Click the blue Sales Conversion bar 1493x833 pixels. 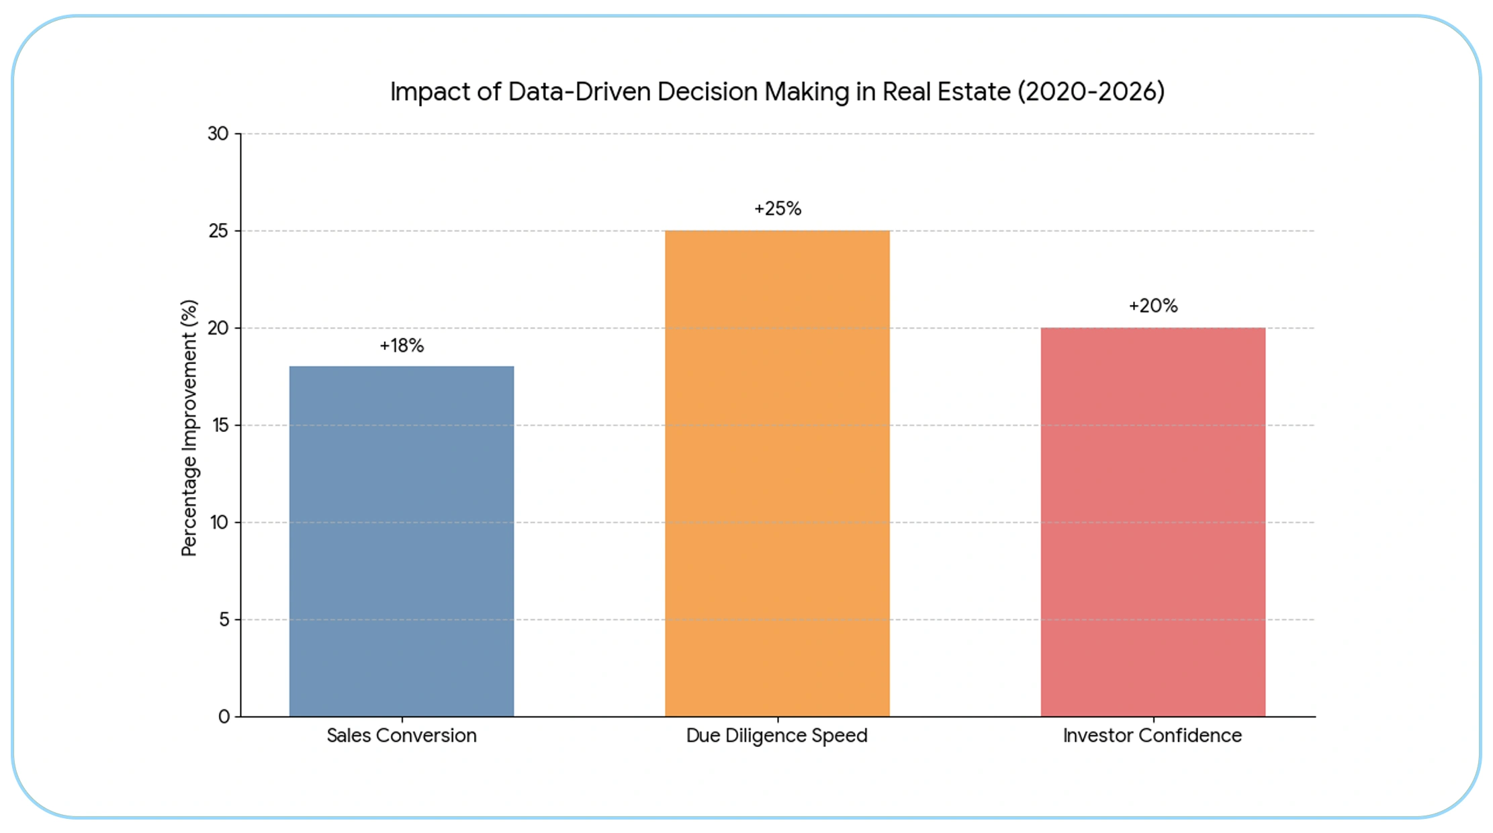pyautogui.click(x=402, y=541)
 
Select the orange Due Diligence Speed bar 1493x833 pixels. pyautogui.click(x=777, y=474)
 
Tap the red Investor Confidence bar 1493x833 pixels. pyautogui.click(x=1152, y=522)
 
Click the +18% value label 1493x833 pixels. pyautogui.click(x=402, y=345)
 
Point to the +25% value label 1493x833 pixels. pyautogui.click(x=777, y=209)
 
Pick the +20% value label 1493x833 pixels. pyautogui.click(x=1152, y=306)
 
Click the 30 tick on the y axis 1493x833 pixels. pyautogui.click(x=218, y=134)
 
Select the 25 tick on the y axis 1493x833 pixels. pyautogui.click(x=218, y=231)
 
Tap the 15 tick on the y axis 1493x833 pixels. pyautogui.click(x=220, y=425)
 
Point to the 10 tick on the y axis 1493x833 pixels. pyautogui.click(x=219, y=522)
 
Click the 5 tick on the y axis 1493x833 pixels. pyautogui.click(x=224, y=619)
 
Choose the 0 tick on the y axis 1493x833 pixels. pyautogui.click(x=224, y=717)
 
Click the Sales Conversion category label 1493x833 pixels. pyautogui.click(x=402, y=736)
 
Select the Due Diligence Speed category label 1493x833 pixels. pyautogui.click(x=776, y=736)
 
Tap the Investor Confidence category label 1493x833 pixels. pyautogui.click(x=1152, y=736)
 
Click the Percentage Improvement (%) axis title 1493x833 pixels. pyautogui.click(x=189, y=428)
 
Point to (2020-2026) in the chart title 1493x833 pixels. pyautogui.click(x=1091, y=92)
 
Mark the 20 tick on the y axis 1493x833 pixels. pyautogui.click(x=218, y=328)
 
